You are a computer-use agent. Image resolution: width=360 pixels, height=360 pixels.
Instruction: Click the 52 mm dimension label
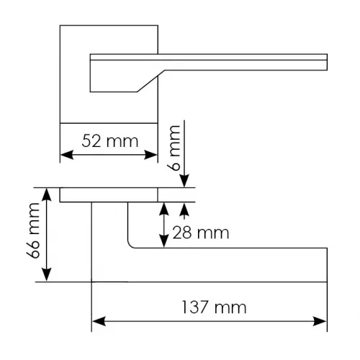[110, 141]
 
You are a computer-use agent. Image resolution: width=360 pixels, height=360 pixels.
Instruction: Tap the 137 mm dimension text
[214, 307]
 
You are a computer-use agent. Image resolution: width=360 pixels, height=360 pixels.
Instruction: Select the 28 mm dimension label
[201, 233]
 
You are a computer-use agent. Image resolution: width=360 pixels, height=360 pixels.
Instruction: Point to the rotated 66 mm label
[33, 230]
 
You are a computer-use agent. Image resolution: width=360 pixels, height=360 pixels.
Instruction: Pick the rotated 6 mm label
[174, 148]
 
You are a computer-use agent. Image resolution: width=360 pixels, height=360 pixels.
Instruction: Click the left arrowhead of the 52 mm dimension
[66, 155]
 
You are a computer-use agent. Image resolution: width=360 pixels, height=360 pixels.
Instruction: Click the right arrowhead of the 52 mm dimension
[150, 155]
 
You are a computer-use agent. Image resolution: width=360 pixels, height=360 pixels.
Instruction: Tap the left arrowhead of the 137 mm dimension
[99, 321]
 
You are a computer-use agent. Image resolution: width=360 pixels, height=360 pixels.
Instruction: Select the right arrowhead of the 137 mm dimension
[320, 321]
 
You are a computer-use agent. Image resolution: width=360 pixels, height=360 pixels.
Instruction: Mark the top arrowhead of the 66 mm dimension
[47, 194]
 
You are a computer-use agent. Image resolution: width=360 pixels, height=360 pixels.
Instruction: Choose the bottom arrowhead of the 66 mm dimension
[47, 275]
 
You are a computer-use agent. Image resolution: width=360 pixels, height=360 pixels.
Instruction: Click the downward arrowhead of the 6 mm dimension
[184, 181]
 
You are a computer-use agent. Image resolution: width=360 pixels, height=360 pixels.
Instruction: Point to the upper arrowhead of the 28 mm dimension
[164, 209]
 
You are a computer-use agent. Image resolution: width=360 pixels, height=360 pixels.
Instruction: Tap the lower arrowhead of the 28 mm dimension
[164, 241]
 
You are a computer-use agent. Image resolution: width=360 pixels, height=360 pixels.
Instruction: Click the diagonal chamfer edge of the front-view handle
[150, 81]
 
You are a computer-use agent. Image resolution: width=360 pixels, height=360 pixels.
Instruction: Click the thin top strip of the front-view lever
[209, 57]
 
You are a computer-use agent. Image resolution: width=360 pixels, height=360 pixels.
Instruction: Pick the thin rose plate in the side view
[109, 195]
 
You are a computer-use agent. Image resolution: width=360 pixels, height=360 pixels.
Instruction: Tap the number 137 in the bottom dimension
[194, 307]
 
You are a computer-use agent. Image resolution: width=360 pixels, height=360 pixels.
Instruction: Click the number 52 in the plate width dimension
[91, 141]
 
